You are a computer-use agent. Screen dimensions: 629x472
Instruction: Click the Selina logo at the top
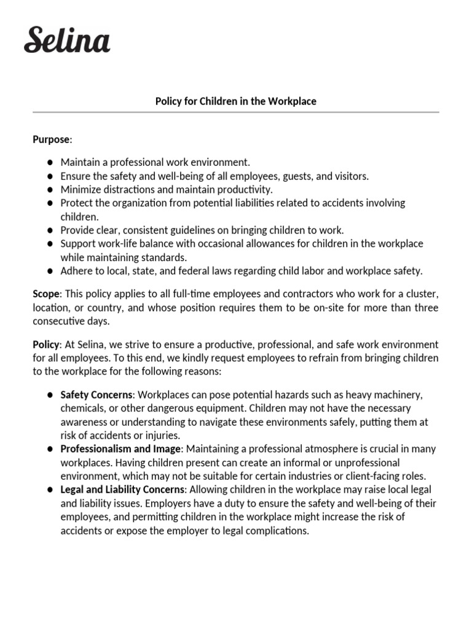[67, 40]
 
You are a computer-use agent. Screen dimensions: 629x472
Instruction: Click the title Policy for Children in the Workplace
[235, 101]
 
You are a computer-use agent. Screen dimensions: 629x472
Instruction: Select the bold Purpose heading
[51, 139]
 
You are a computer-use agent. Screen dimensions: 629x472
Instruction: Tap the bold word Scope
[45, 295]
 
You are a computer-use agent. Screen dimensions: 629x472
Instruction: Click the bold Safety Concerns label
[96, 394]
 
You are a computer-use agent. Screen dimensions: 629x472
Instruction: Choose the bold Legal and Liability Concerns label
[122, 489]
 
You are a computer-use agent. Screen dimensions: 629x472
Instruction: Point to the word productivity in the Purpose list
[245, 189]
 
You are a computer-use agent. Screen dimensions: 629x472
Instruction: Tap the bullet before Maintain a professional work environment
[49, 162]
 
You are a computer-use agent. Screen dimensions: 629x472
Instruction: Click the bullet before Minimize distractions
[49, 189]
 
